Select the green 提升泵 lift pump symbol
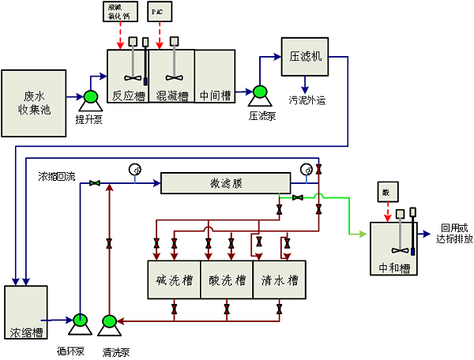point(89,98)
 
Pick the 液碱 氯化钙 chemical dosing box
point(121,12)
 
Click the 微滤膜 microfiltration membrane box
point(225,184)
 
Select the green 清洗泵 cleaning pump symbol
point(110,321)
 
